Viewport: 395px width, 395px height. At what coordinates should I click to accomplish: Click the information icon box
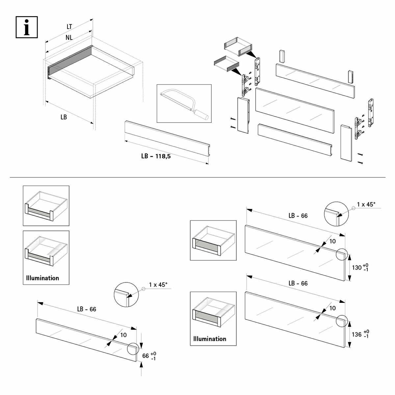pos(27,27)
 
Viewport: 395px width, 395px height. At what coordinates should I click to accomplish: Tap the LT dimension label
pos(69,27)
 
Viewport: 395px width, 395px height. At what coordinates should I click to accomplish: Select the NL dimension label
pos(69,38)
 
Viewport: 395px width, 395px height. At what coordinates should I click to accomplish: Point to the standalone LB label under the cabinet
pos(64,117)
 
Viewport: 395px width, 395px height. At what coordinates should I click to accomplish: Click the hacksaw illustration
pos(184,103)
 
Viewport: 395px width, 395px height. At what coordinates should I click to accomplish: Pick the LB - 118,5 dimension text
pos(156,156)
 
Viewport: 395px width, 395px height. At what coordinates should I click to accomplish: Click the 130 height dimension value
pos(356,268)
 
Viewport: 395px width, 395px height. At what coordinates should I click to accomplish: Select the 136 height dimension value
pos(356,334)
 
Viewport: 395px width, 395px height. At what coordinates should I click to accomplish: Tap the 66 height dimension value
pos(145,356)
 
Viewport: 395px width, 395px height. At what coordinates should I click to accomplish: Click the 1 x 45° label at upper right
pos(366,204)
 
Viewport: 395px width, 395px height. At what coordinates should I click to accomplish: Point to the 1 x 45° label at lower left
pos(158,285)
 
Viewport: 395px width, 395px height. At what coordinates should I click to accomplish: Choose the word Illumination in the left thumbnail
pos(42,278)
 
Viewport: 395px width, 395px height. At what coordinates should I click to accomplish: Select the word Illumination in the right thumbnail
pos(210,339)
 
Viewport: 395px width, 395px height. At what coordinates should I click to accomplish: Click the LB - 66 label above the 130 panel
pos(298,216)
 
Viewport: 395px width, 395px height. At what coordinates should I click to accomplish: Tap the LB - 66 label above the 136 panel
pos(298,283)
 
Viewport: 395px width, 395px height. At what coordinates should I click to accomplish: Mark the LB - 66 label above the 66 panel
pos(87,309)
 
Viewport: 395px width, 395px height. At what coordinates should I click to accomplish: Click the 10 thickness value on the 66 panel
pos(123,335)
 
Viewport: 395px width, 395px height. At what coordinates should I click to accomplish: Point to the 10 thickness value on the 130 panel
pos(332,241)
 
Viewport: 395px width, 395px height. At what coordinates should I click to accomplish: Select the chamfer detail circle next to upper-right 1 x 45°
pos(336,214)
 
